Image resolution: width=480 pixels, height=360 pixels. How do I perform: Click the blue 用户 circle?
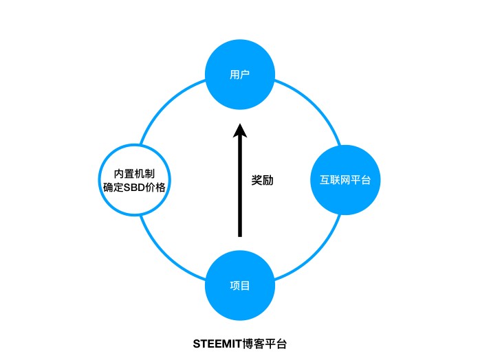click(240, 74)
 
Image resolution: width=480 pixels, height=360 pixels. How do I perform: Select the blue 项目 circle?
click(240, 285)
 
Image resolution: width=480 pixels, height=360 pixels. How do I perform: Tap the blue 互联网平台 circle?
click(345, 180)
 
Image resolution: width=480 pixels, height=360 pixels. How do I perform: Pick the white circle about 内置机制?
click(134, 180)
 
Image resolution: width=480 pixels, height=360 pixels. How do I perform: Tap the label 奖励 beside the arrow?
click(263, 181)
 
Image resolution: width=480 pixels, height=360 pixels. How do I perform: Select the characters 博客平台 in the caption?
click(262, 341)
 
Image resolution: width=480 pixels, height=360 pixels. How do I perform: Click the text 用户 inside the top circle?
click(240, 74)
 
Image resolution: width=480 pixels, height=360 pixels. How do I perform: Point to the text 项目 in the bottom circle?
click(240, 285)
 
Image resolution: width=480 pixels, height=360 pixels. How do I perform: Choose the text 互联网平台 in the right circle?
click(345, 180)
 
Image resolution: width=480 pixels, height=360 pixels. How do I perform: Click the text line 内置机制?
click(134, 172)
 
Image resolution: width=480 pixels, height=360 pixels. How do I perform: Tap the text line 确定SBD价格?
click(134, 188)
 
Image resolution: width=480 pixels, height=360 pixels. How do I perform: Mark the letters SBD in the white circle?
click(134, 188)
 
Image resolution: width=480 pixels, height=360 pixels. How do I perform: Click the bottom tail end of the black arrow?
click(240, 235)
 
